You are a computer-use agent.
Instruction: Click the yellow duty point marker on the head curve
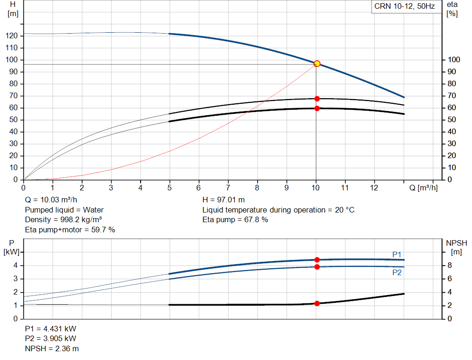pos(317,64)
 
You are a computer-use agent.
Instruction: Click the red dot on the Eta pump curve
pos(317,99)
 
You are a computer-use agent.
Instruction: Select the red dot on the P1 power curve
pos(317,260)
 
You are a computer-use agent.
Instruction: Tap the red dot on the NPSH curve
pos(317,303)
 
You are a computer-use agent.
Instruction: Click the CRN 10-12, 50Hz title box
pos(403,7)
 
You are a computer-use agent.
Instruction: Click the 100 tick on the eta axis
pos(454,60)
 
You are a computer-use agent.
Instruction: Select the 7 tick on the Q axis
pos(228,188)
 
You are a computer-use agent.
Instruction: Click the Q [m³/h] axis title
pos(424,188)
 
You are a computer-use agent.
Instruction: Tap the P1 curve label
pos(397,254)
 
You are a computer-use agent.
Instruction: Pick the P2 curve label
pos(397,272)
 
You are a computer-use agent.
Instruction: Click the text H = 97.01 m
pos(224,200)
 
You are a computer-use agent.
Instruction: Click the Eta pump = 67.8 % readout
pos(235,219)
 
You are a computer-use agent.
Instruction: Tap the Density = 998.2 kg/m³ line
pos(63,219)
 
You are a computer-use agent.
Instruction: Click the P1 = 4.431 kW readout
pos(50,329)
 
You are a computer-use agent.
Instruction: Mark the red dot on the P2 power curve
pos(317,267)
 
